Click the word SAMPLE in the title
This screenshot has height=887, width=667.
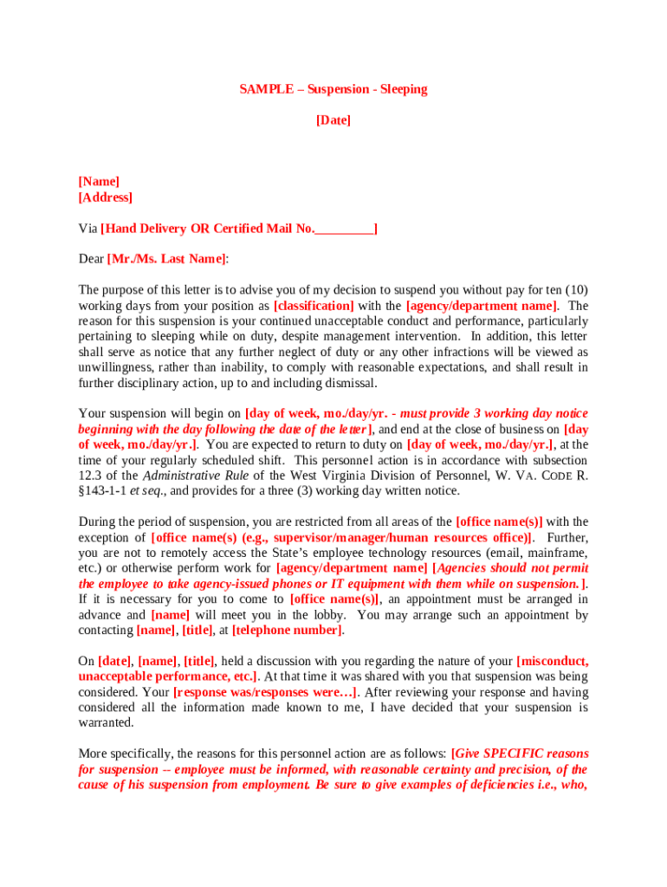point(266,90)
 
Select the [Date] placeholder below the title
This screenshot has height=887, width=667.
point(333,120)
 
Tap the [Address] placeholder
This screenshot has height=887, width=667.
point(106,197)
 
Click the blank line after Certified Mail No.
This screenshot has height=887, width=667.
point(344,230)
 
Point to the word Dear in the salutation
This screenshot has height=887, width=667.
point(91,259)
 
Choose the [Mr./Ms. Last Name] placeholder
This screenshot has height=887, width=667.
point(166,259)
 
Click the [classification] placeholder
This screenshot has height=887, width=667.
point(314,306)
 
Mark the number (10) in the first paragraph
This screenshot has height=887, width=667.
point(576,290)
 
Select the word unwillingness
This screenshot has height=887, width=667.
point(114,368)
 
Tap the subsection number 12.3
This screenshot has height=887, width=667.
point(90,476)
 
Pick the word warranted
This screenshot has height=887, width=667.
point(106,723)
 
